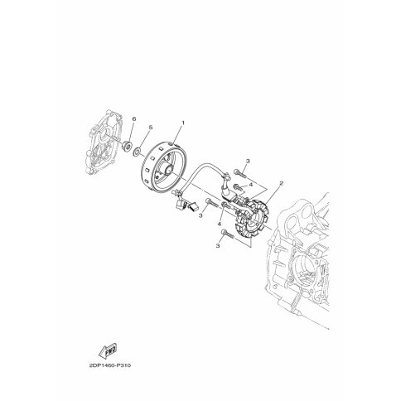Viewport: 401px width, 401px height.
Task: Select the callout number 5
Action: [150, 128]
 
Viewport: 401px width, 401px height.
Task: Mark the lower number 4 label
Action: [219, 225]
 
